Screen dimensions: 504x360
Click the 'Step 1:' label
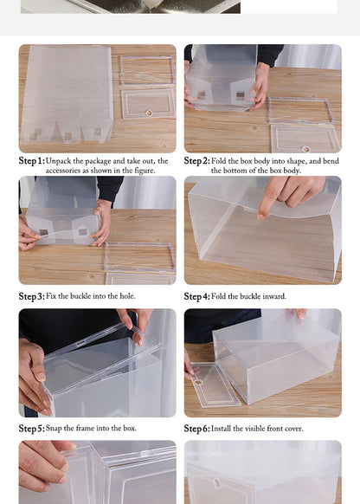coord(31,161)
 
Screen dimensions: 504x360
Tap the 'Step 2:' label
coord(196,161)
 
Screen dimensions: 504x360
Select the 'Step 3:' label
coord(31,296)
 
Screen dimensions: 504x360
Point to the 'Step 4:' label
coord(196,296)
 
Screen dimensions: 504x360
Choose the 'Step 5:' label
coord(31,429)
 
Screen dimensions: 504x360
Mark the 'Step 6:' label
coord(196,429)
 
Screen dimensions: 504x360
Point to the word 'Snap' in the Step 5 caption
coord(55,429)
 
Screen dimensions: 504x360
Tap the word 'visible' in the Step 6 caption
coord(255,429)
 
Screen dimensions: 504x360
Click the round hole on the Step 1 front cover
coord(147,112)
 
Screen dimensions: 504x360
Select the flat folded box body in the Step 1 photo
coord(67,95)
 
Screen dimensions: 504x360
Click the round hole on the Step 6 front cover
coord(198,382)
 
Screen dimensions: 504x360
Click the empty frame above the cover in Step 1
coord(146,70)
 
